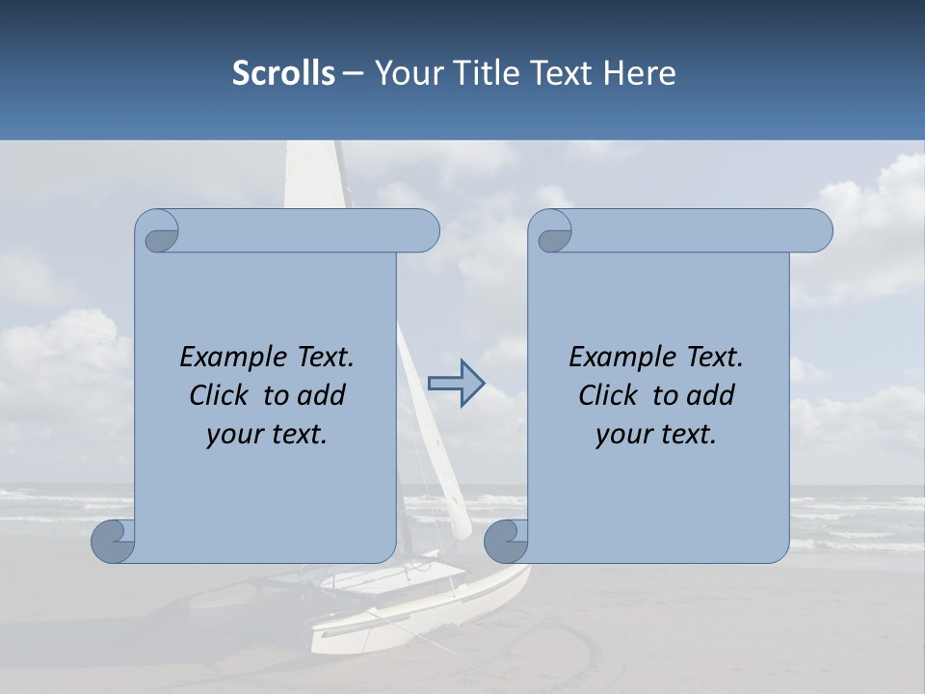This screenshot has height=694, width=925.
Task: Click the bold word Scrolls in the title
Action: pos(283,73)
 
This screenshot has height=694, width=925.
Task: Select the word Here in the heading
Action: pos(640,73)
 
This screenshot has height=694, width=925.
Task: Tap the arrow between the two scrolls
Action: pos(456,383)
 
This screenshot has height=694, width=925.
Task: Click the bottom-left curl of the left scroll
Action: pos(114,542)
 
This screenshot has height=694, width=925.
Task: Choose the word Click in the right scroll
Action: pos(607,396)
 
